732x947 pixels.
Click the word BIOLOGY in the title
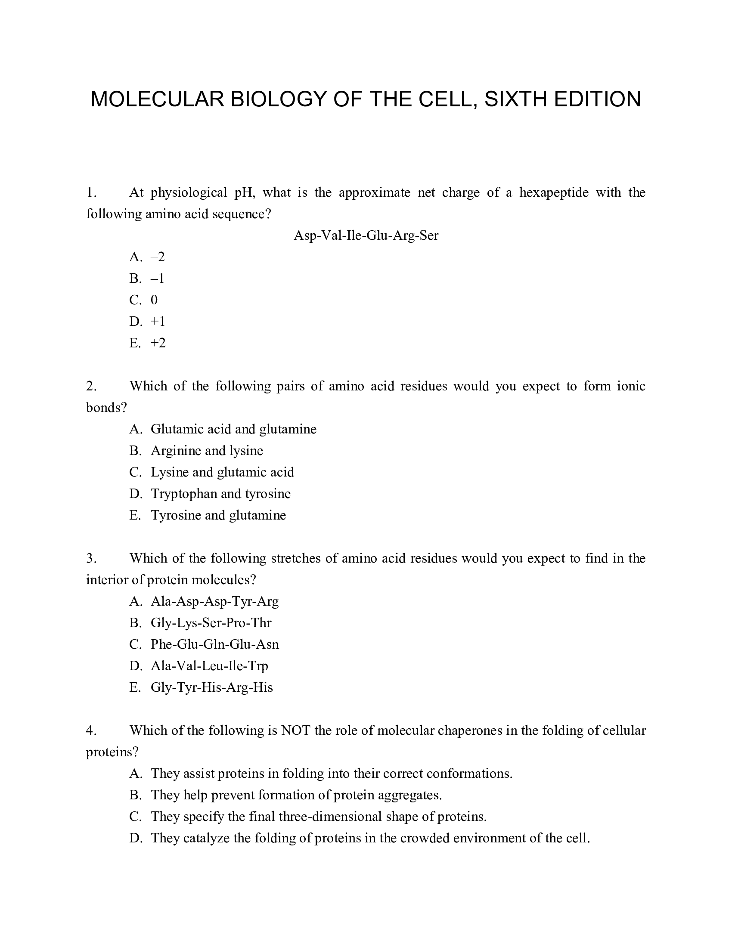[x=278, y=99]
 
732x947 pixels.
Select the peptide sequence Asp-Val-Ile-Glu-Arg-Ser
[x=366, y=235]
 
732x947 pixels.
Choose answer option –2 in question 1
[x=158, y=257]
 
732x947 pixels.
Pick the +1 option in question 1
[x=158, y=321]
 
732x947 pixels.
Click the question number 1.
[x=90, y=192]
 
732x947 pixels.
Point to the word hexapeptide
[x=554, y=192]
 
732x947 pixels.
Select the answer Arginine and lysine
[x=207, y=451]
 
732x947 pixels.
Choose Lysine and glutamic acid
[x=222, y=472]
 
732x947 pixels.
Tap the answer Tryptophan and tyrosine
[x=220, y=493]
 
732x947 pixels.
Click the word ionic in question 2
[x=631, y=386]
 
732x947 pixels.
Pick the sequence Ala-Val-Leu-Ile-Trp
[x=209, y=665]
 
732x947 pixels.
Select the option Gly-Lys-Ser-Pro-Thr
[x=211, y=623]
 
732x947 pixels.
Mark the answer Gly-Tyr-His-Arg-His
[x=211, y=687]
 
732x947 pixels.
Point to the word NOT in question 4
[x=296, y=730]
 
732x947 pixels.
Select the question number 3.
[x=90, y=558]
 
